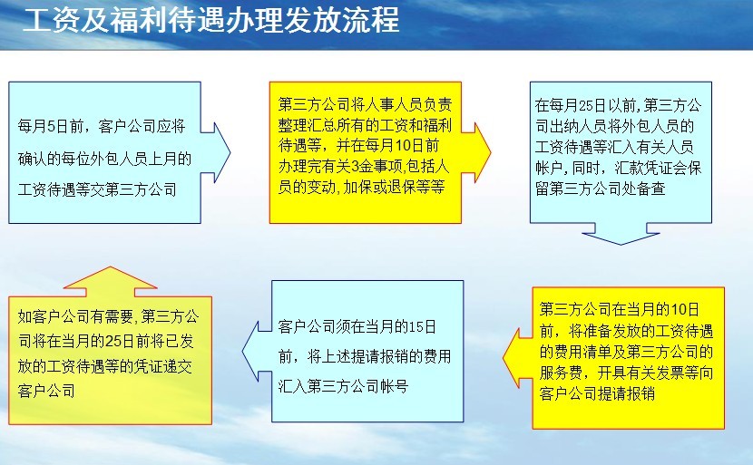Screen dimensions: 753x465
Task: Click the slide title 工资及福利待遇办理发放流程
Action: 210,21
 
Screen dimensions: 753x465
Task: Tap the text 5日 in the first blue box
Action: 57,126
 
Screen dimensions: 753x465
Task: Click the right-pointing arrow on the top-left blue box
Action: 216,152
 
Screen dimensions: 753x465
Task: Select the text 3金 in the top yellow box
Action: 359,167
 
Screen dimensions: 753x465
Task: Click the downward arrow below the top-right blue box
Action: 621,234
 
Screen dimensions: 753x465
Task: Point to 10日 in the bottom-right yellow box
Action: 684,310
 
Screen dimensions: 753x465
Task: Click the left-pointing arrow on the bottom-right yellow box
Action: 518,358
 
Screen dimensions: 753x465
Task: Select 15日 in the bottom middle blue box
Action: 423,327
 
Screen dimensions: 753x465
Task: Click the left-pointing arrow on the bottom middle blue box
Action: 258,352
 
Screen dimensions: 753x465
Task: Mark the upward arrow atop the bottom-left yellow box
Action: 110,282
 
